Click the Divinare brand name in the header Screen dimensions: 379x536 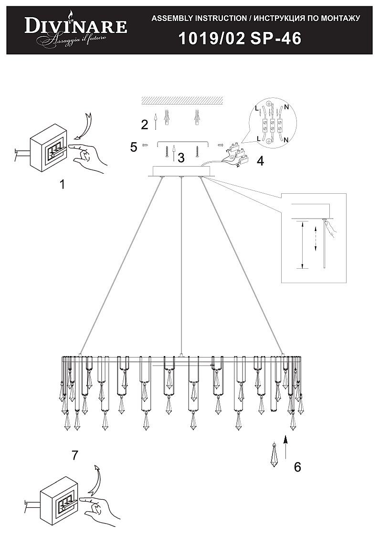pos(76,27)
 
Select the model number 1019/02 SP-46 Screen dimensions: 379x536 pos(240,38)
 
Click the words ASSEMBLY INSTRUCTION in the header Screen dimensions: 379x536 pos(199,19)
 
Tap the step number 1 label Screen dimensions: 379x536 pos(62,185)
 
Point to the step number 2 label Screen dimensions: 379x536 pos(145,125)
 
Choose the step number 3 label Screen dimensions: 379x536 pos(181,158)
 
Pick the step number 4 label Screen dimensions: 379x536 pos(261,161)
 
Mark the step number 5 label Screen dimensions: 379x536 pos(134,147)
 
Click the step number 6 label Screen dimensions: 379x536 pos(297,467)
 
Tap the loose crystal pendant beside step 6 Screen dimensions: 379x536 pos(274,455)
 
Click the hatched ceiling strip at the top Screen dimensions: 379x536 pos(182,100)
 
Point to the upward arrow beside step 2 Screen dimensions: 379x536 pos(156,122)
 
